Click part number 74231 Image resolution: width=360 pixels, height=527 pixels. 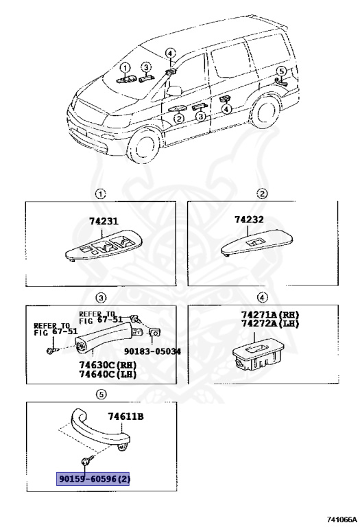[104, 222]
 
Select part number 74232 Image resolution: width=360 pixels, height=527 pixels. [249, 220]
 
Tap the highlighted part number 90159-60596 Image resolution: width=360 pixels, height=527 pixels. [93, 478]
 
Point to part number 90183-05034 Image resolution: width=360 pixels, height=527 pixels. [152, 351]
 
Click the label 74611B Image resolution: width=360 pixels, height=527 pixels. [125, 417]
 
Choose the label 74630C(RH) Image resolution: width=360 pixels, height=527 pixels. [108, 364]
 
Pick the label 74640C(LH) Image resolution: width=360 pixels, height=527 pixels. [108, 374]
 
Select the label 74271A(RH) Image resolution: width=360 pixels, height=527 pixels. [269, 315]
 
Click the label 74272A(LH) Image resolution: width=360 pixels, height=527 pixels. [269, 324]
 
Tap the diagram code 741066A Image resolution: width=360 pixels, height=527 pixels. [342, 519]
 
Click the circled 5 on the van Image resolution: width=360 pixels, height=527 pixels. [281, 71]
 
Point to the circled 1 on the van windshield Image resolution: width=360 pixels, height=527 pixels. [125, 68]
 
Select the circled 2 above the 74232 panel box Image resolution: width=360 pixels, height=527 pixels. [262, 194]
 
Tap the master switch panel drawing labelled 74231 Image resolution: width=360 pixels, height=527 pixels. [103, 247]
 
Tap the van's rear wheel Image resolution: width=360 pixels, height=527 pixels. [265, 111]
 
